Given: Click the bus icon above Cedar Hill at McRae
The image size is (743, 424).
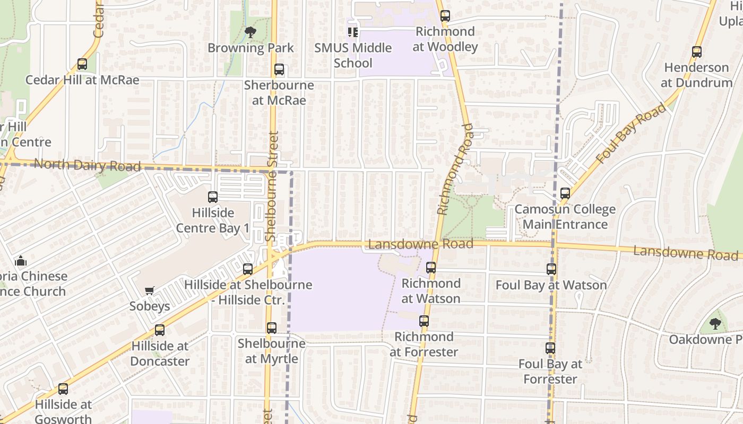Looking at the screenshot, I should pos(82,64).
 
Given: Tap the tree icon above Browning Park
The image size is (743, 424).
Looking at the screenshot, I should pos(250,32).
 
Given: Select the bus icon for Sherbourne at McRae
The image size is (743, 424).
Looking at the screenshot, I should pos(279,69).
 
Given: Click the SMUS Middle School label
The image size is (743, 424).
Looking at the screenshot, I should pos(353,55).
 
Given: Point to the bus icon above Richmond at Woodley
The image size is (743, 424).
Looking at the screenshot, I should pos(445,16).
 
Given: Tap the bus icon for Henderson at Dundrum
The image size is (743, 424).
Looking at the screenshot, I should pos(697,52).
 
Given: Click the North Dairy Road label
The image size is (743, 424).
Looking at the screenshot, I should pos(88,165).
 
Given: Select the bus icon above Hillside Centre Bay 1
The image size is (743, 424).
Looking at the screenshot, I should pos(213,197).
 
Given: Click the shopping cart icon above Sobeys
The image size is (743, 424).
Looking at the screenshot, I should pos(150,290).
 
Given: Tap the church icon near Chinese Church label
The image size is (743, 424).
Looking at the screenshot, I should pos(21,260).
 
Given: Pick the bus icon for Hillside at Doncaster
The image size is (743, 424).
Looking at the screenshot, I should pos(160,330).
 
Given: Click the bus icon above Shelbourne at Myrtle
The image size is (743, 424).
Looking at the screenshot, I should pos(272,328).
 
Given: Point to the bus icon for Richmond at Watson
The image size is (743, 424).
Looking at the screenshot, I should pos(431,268).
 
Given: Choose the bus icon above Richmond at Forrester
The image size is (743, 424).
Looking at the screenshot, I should pos(424,321).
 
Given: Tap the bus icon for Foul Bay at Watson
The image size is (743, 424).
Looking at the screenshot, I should pos(551,269).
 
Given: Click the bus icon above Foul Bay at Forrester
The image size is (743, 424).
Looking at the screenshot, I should pos(550,348).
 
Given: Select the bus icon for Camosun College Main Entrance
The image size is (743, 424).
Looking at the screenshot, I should pos(565,193).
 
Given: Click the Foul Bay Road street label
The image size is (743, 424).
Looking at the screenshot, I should pos(630,134).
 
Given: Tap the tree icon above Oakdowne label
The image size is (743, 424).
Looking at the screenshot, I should pos(715,323).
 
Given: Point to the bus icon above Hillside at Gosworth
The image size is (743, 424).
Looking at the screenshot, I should pos(63,389).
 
